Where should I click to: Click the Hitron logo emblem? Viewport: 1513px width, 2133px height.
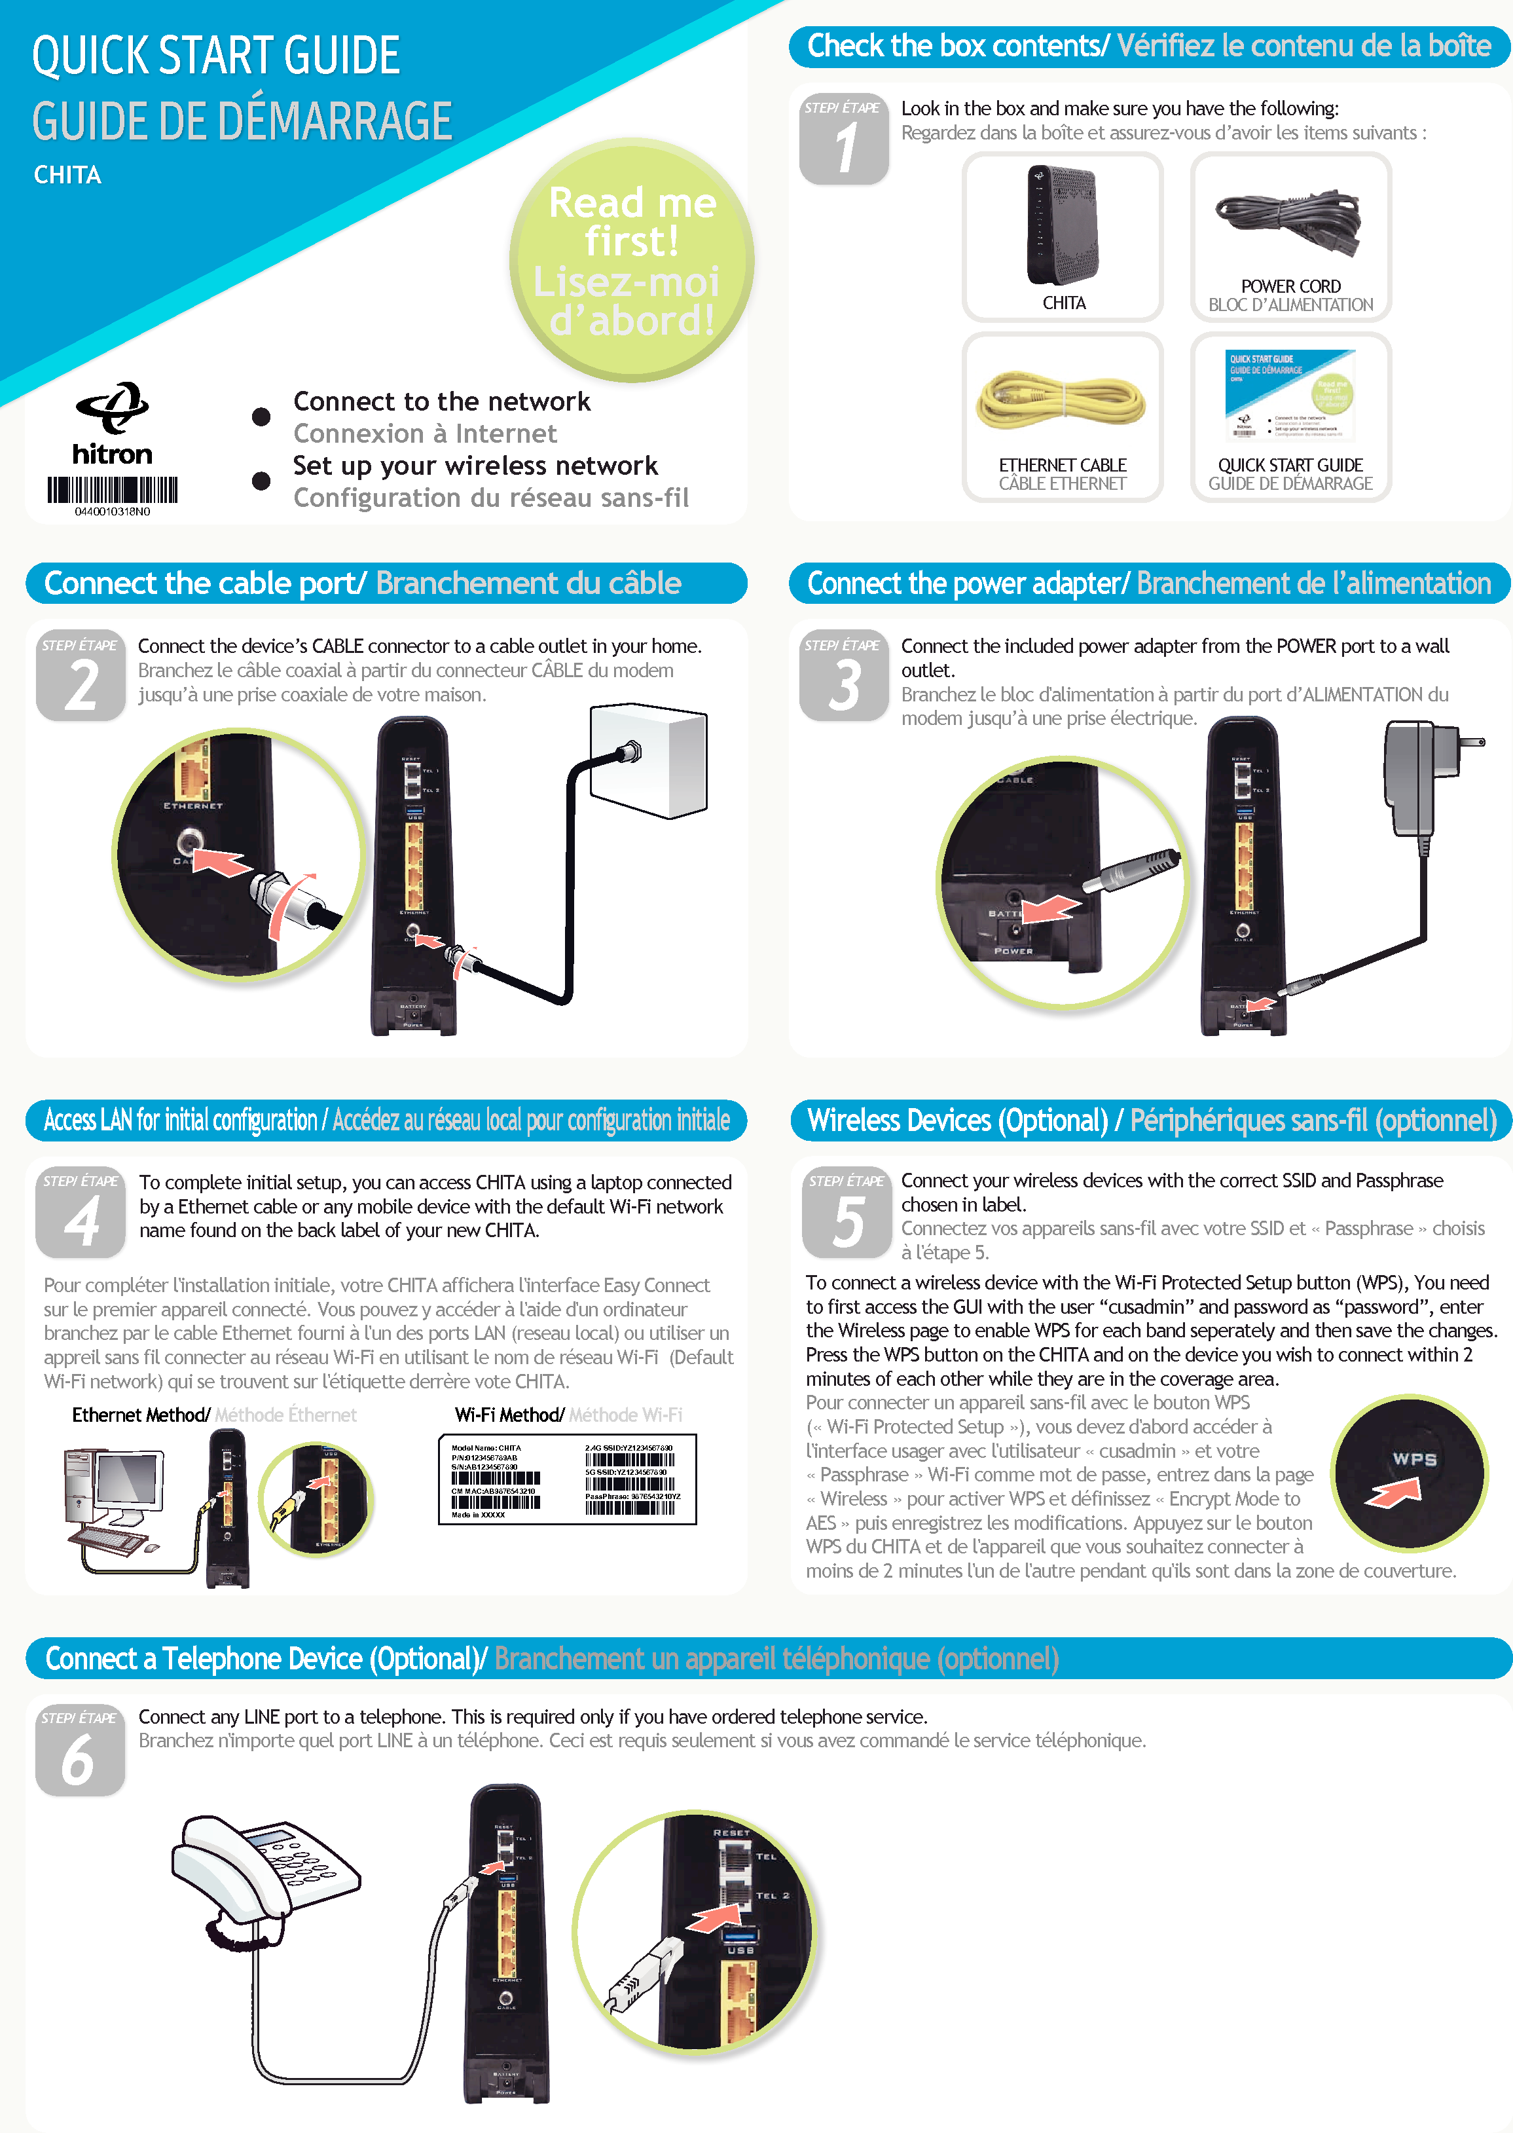(113, 407)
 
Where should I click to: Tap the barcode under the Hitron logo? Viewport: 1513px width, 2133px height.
(112, 489)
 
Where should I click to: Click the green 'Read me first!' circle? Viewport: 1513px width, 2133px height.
(632, 260)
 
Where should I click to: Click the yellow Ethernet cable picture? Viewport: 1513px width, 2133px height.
(1061, 401)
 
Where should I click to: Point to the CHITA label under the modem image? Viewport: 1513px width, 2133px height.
(1063, 303)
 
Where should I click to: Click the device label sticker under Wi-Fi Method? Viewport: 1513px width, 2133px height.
(568, 1479)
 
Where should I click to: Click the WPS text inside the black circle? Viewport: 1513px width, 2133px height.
(1413, 1458)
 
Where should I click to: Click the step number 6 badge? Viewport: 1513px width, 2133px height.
(79, 1750)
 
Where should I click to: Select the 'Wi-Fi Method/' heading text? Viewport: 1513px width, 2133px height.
(509, 1415)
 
